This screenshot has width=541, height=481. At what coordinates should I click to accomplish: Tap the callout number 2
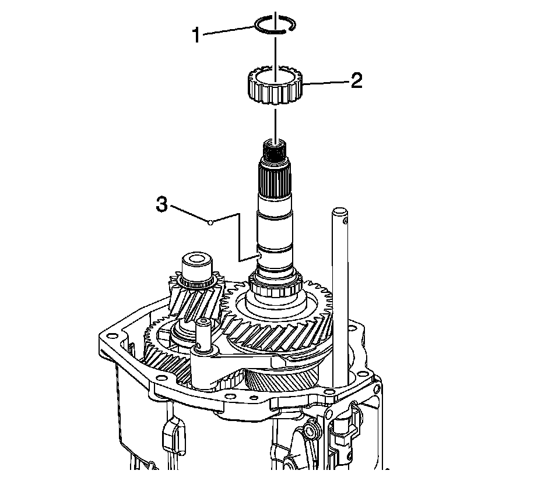(356, 80)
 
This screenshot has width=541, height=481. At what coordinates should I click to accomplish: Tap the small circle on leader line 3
(210, 222)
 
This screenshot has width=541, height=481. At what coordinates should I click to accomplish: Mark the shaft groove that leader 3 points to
(274, 252)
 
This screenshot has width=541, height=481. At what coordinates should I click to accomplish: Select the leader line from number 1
(230, 31)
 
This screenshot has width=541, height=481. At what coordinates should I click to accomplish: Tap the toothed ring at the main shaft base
(274, 287)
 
